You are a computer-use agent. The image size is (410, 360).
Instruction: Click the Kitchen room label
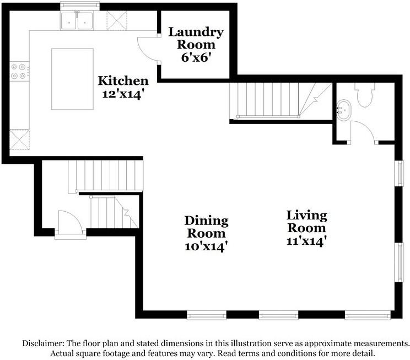[x=123, y=80]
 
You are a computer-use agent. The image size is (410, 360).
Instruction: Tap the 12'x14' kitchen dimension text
[x=123, y=94]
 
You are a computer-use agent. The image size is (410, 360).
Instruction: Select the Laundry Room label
[x=196, y=38]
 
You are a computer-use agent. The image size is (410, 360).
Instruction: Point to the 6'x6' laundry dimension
[x=196, y=57]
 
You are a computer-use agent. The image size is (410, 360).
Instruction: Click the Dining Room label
[x=206, y=227]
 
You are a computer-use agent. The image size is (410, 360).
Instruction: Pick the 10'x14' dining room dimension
[x=205, y=246]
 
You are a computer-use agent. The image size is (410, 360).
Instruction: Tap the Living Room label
[x=307, y=222]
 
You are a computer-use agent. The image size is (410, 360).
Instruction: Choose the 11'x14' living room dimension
[x=305, y=241]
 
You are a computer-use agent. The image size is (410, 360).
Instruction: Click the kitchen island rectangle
[x=72, y=79]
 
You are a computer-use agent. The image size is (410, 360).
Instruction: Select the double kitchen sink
[x=77, y=21]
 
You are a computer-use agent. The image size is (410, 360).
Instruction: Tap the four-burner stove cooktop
[x=19, y=72]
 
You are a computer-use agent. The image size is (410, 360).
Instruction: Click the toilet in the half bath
[x=364, y=95]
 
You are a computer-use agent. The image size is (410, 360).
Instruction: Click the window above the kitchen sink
[x=80, y=5]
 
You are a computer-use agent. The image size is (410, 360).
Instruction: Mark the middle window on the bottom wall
[x=278, y=315]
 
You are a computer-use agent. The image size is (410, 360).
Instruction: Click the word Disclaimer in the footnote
[x=44, y=343]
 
